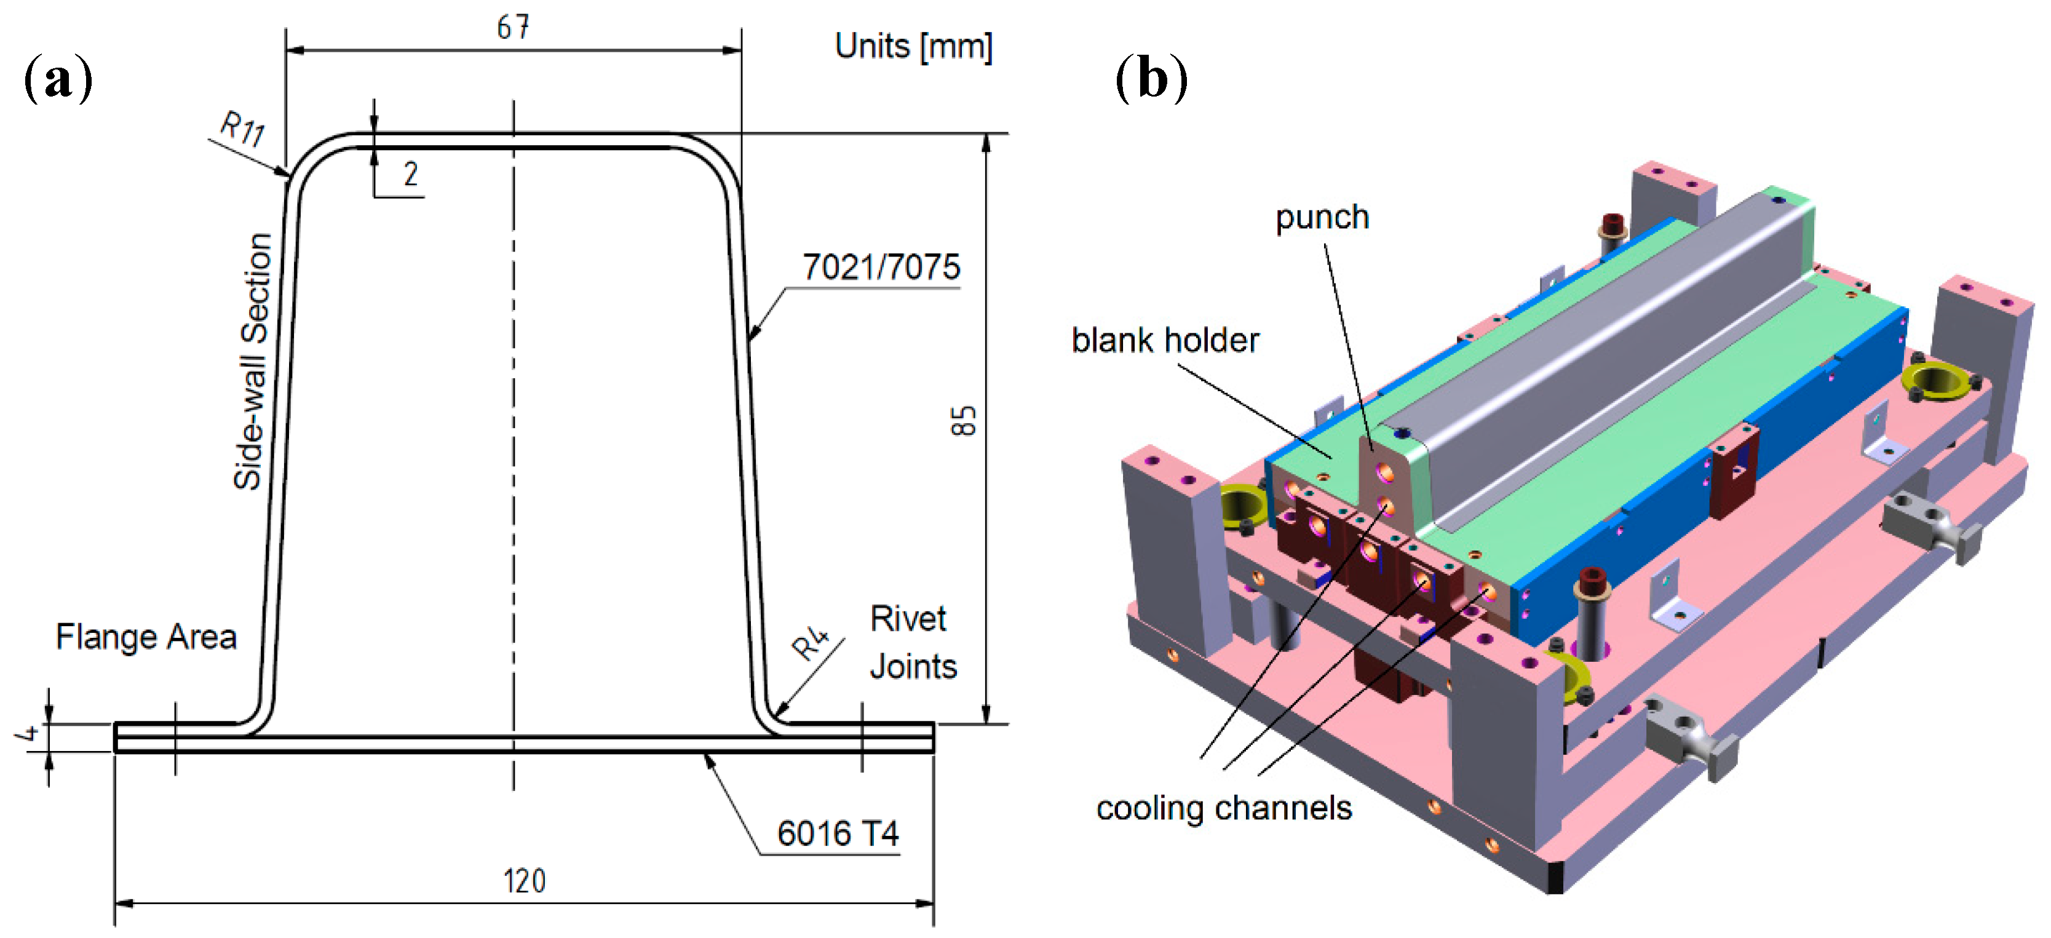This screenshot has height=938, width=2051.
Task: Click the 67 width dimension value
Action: coord(513,28)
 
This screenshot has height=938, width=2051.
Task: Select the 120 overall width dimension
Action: coord(525,881)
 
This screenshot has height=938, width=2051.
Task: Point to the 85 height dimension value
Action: coord(964,421)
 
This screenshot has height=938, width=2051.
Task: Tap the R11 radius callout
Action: coord(243,129)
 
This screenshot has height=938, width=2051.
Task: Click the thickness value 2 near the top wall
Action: coord(411,173)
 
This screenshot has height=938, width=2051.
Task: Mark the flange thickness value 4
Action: coord(29,732)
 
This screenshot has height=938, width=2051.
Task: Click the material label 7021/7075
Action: coord(881,267)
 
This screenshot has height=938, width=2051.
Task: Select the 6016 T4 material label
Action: coord(838,833)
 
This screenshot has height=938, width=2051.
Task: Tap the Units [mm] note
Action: coord(914,46)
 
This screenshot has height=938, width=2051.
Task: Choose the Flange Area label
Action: coord(146,637)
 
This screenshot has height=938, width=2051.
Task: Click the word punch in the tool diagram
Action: coord(1322,217)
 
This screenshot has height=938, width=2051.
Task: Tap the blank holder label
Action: coord(1165,340)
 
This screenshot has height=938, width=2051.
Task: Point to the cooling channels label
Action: coord(1224,808)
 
